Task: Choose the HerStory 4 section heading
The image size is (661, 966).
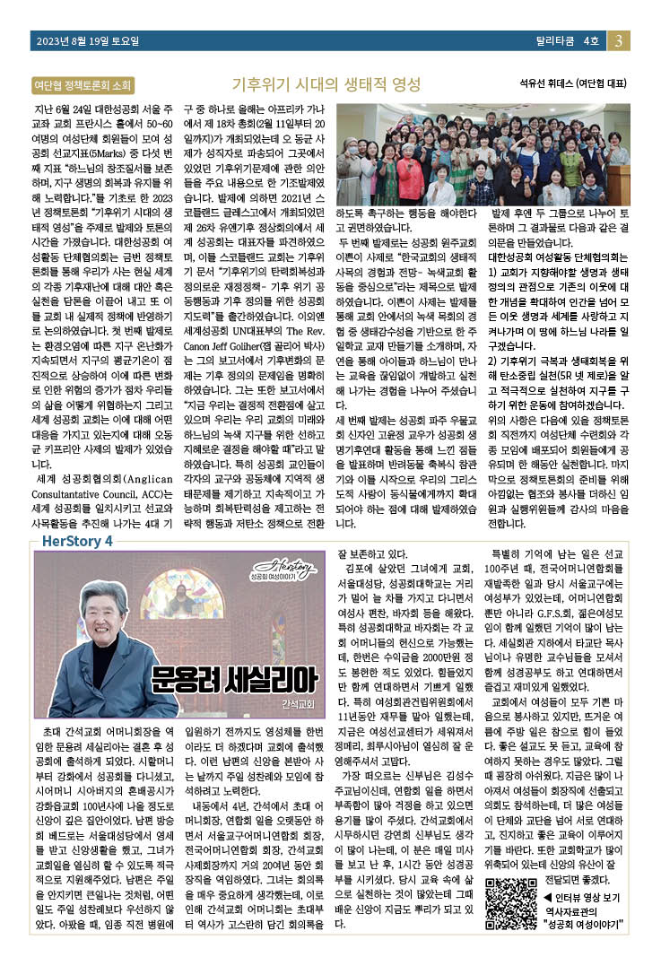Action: coord(77,541)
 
